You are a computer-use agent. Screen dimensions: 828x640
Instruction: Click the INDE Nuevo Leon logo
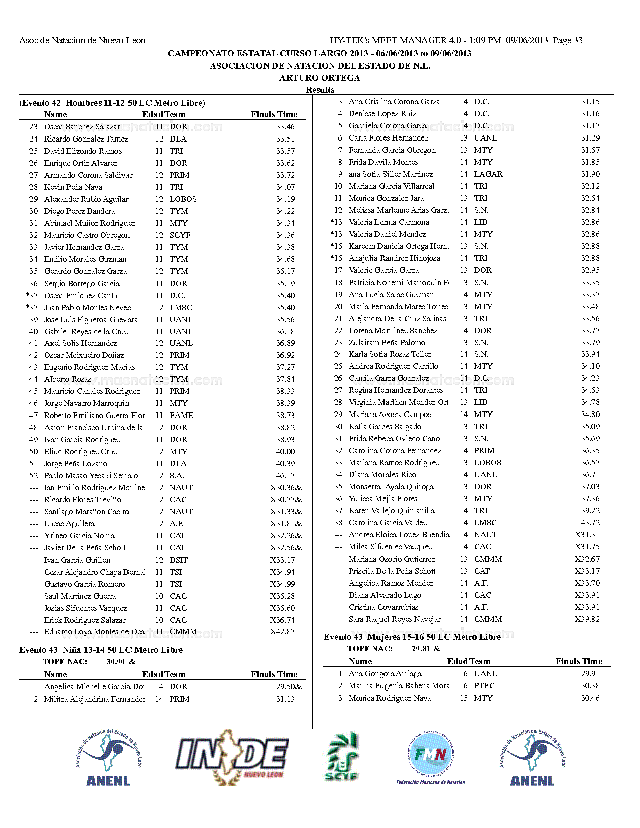pyautogui.click(x=232, y=757)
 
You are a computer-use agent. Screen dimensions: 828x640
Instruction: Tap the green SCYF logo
pyautogui.click(x=342, y=757)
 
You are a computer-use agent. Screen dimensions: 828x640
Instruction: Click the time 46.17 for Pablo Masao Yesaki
pyautogui.click(x=285, y=476)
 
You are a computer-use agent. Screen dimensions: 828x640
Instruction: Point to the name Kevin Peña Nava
pyautogui.click(x=73, y=187)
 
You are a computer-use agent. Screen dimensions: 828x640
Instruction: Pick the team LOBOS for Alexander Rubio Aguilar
pyautogui.click(x=183, y=199)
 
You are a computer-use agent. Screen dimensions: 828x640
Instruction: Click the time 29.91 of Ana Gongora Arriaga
pyautogui.click(x=590, y=674)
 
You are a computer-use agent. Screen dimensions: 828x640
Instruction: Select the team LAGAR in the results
pyautogui.click(x=488, y=174)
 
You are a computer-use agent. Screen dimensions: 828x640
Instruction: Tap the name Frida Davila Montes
pyautogui.click(x=383, y=162)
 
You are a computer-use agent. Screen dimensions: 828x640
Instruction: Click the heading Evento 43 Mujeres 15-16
pyautogui.click(x=412, y=637)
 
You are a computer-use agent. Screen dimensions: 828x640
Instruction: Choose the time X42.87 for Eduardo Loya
pyautogui.click(x=282, y=632)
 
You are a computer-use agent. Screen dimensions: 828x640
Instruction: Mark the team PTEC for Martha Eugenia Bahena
pyautogui.click(x=484, y=686)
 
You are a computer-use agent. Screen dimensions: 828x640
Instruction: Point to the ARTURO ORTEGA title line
pyautogui.click(x=320, y=78)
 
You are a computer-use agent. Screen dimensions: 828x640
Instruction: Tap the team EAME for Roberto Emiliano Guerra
pyautogui.click(x=181, y=416)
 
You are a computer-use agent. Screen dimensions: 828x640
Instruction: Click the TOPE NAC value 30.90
pyautogui.click(x=116, y=662)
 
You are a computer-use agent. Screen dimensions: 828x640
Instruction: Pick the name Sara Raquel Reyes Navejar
pyautogui.click(x=395, y=619)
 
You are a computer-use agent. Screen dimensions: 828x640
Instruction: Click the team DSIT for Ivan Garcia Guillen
pyautogui.click(x=178, y=560)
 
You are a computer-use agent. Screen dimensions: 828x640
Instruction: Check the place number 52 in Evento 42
pyautogui.click(x=33, y=476)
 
